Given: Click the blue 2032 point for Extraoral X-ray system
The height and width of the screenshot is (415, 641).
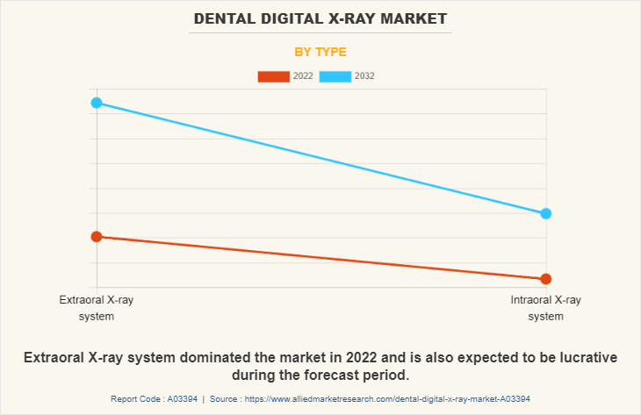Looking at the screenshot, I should (x=97, y=103).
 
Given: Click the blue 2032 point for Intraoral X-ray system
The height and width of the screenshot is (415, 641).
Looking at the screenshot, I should (x=546, y=213).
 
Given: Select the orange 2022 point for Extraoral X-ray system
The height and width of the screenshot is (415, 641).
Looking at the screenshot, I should (x=97, y=236).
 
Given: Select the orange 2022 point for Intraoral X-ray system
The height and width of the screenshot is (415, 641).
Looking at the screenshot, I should (x=546, y=279).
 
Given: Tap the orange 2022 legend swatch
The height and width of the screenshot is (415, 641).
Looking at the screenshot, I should (x=273, y=76).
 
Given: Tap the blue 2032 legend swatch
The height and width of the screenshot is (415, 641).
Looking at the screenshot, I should (x=335, y=76).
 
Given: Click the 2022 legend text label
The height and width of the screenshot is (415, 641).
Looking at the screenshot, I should (x=303, y=76).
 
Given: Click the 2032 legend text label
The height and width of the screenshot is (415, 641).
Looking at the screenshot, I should (x=364, y=76).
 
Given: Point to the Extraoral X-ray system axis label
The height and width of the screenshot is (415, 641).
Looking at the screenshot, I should (x=97, y=308).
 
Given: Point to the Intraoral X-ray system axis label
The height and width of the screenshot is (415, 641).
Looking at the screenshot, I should (x=546, y=308).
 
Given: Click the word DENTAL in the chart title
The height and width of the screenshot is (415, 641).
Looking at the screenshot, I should (x=222, y=18).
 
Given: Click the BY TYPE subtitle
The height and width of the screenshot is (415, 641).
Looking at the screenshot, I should (x=320, y=52).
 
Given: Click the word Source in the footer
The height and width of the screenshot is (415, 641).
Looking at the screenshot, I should (x=225, y=398).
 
